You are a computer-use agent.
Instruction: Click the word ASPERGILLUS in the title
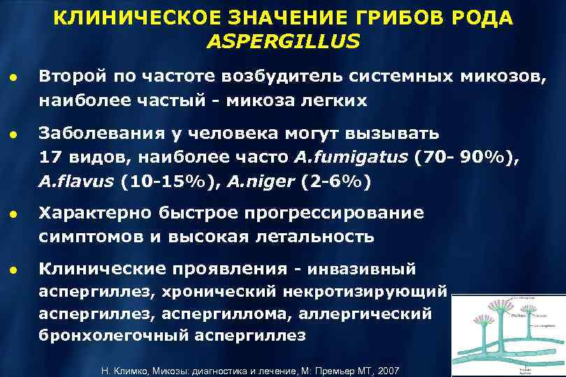pos(284,43)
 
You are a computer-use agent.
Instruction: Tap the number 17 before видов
pos(50,157)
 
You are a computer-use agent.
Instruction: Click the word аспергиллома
pos(212,314)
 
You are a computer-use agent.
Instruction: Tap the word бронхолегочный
pos(102,336)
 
